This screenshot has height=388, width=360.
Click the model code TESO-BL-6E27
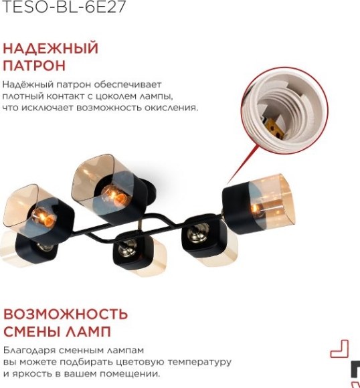tap(64, 7)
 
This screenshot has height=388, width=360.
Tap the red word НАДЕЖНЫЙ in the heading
tap(51, 49)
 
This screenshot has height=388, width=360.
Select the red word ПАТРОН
tap(34, 66)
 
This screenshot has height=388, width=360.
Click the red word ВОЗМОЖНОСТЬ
tap(66, 314)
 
